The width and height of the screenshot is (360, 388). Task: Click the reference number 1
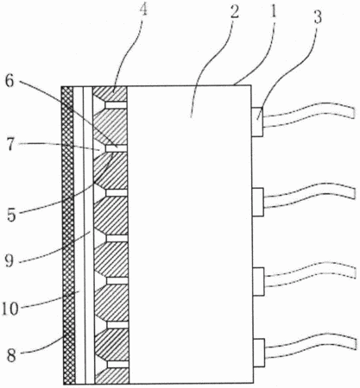click(273, 12)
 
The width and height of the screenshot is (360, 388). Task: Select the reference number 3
click(317, 17)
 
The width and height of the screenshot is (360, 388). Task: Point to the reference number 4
click(143, 9)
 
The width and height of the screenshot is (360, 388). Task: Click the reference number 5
click(11, 215)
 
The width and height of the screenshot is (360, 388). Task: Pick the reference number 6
click(9, 82)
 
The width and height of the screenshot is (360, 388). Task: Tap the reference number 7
click(10, 145)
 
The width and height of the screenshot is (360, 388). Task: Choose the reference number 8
click(11, 356)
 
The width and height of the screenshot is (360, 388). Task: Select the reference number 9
click(9, 261)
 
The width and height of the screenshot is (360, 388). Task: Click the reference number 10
click(10, 309)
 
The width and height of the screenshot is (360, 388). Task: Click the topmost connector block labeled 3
click(257, 122)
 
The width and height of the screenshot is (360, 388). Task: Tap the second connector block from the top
click(258, 202)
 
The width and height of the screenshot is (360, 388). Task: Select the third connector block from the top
click(258, 282)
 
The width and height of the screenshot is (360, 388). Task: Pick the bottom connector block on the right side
click(259, 353)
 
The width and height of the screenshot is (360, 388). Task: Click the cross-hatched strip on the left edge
click(68, 235)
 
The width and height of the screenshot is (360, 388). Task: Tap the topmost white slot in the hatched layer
click(117, 105)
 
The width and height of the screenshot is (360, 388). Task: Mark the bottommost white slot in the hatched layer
click(118, 364)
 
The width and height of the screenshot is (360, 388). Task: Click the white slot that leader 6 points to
click(117, 148)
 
